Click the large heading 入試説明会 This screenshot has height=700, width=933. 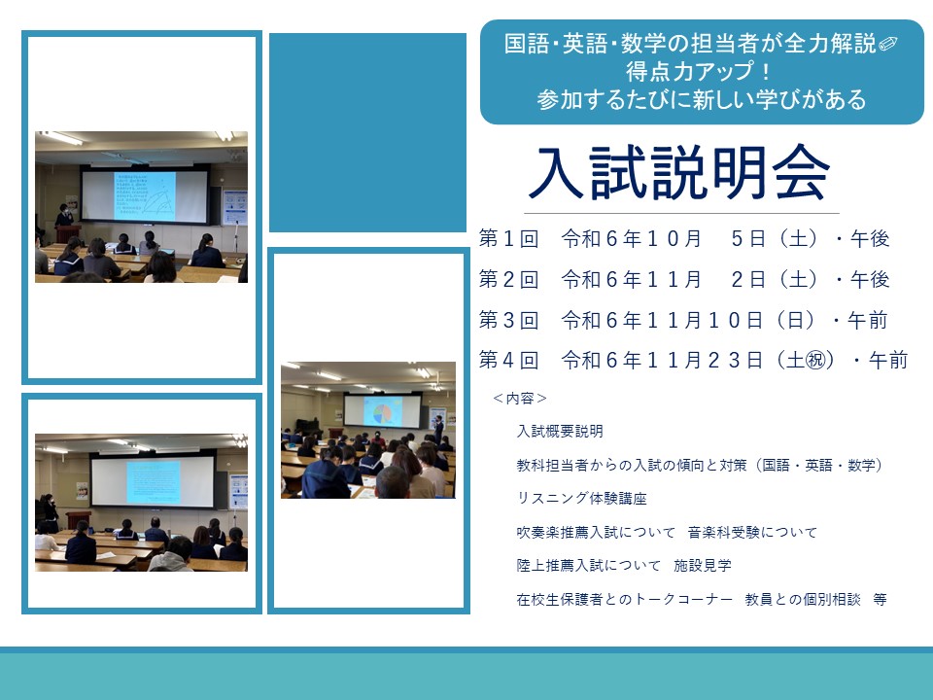(678, 173)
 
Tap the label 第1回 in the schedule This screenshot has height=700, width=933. (508, 239)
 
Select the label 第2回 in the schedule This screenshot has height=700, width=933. (508, 279)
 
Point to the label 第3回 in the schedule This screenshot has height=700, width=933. (508, 320)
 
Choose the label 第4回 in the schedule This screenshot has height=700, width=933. (508, 360)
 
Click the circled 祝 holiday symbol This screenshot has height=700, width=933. (815, 360)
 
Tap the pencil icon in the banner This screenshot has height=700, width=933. (887, 44)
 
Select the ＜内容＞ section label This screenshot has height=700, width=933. (519, 399)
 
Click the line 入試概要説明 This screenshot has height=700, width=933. (560, 431)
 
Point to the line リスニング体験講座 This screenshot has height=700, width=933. (582, 498)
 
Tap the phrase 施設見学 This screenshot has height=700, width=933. (703, 566)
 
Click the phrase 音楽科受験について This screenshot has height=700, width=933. (752, 532)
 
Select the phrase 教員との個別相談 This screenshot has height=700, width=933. (803, 600)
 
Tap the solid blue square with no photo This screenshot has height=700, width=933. (367, 132)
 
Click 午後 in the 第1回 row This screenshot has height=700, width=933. (869, 239)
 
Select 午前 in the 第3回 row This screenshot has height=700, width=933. (868, 320)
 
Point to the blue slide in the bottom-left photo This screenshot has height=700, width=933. (153, 482)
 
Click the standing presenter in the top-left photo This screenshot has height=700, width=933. (64, 216)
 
